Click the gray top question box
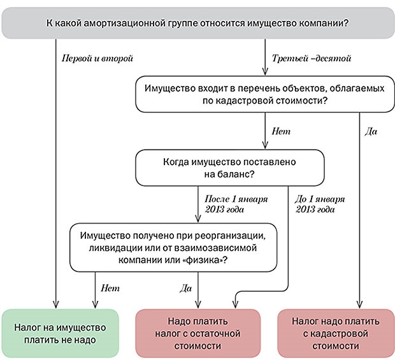point(197,24)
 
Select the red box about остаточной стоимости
point(200,333)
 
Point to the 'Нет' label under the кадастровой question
point(281,131)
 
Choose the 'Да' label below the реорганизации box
point(185,288)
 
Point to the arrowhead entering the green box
point(55,305)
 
